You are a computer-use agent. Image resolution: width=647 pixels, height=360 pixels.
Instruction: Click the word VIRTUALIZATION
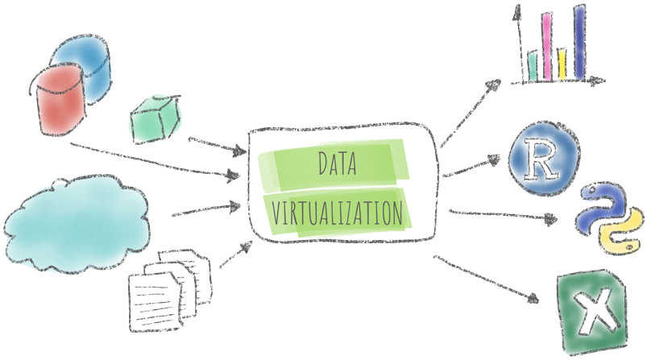(338, 213)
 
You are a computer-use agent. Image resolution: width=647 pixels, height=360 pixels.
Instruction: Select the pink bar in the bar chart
(545, 48)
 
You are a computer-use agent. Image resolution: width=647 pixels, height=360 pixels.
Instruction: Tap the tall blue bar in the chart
(579, 43)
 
